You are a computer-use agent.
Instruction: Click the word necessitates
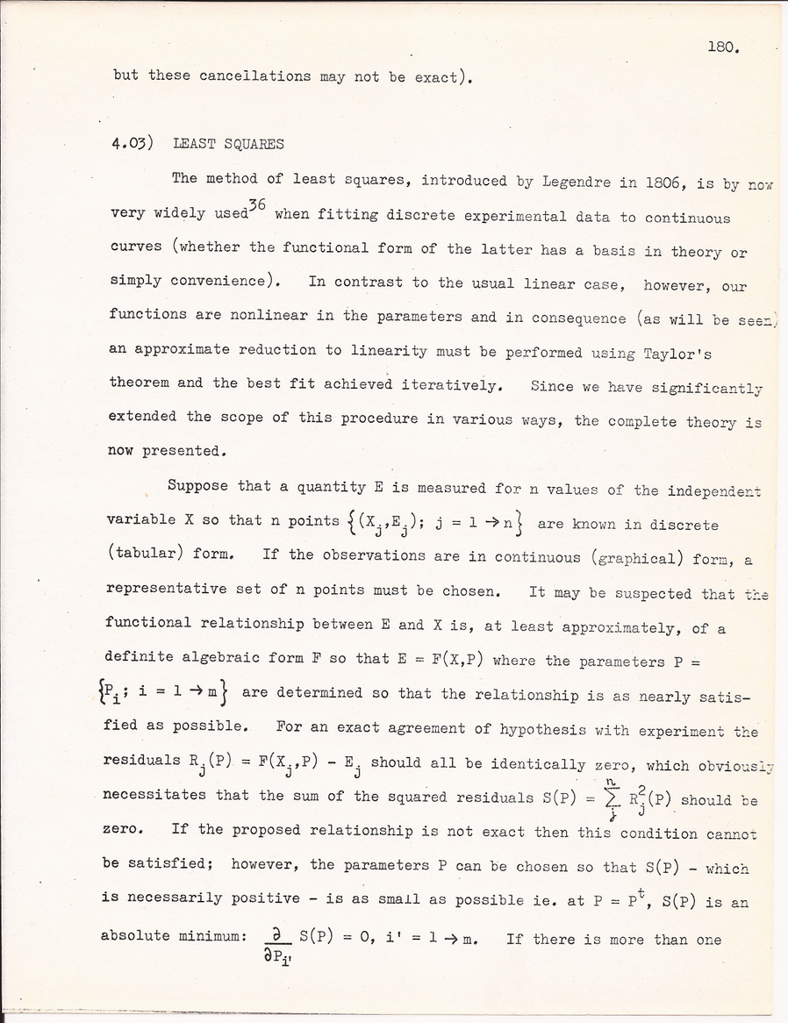155,796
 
